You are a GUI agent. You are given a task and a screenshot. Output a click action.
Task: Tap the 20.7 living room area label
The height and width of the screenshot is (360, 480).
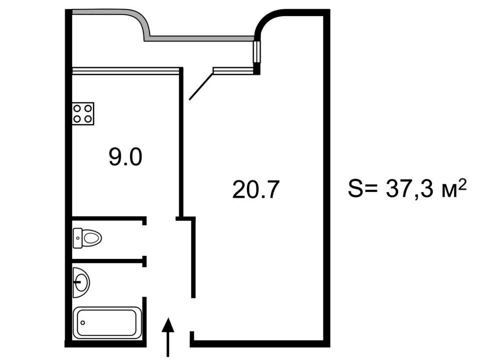(x=256, y=189)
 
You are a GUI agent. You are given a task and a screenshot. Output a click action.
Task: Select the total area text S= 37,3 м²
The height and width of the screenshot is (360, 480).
(x=407, y=188)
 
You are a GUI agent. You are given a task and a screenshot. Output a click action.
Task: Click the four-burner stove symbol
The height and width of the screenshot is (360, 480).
(x=83, y=113)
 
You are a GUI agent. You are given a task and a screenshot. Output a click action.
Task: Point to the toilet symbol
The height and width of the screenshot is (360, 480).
(x=87, y=238)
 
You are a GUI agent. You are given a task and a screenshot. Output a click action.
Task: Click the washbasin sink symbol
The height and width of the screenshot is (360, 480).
(x=81, y=282)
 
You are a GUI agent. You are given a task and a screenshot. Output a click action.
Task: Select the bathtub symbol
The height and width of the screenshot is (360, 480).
(x=107, y=323)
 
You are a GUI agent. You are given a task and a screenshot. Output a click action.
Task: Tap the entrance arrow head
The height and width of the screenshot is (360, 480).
(x=168, y=325)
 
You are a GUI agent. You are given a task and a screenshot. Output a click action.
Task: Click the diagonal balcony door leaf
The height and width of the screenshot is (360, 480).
(x=201, y=86)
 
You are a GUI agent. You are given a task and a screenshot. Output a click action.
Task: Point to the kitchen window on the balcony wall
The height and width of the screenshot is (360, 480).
(x=125, y=70)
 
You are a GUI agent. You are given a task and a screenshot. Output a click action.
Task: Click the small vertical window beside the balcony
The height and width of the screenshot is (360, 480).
(x=256, y=52)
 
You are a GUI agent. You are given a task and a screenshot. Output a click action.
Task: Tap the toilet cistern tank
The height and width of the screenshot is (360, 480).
(x=78, y=238)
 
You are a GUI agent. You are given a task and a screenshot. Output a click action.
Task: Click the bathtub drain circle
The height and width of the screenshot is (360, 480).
(x=82, y=322)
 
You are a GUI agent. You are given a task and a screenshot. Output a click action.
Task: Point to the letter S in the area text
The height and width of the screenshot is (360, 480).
(x=354, y=188)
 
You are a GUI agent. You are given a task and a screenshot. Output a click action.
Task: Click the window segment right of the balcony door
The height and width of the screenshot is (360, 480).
(x=234, y=70)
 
